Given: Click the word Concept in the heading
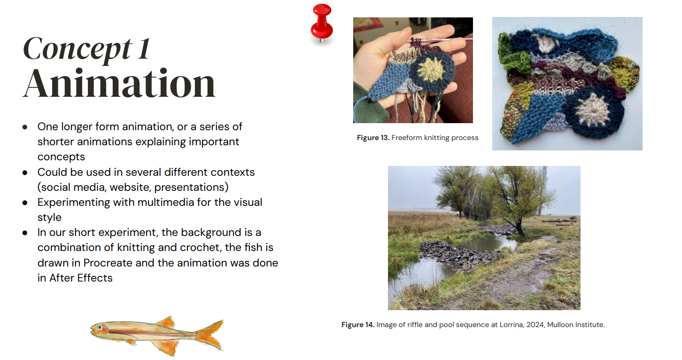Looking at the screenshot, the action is tap(77, 49).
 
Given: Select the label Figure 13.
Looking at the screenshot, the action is tap(373, 138).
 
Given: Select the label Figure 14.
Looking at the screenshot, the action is tap(358, 325).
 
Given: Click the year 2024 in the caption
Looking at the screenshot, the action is tap(535, 325).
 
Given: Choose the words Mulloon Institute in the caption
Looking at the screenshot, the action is tap(576, 325).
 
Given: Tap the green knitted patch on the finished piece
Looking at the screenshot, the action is tap(512, 55).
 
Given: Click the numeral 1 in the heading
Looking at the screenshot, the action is tap(144, 49).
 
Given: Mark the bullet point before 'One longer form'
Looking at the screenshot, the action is tap(25, 127).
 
